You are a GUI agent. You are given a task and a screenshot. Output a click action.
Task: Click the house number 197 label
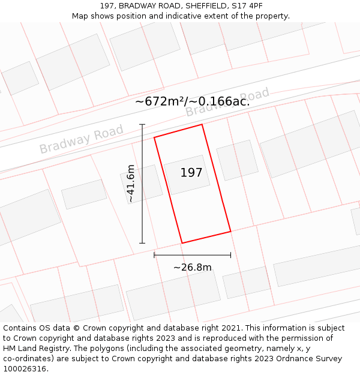(191, 173)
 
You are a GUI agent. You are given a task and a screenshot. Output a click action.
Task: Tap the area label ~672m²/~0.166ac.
(192, 101)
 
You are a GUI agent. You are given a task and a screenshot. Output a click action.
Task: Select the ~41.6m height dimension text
(131, 183)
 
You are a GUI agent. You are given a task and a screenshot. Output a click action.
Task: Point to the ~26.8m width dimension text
(193, 268)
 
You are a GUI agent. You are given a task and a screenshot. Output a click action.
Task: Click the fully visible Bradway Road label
(81, 139)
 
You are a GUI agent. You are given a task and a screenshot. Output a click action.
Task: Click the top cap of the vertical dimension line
(142, 125)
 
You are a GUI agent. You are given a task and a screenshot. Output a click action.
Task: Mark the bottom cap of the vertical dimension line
(142, 243)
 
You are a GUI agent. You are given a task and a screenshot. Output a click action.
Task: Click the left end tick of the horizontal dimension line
(154, 255)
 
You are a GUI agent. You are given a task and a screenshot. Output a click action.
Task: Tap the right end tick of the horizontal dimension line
(230, 255)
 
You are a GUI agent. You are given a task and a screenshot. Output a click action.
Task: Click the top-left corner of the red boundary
(154, 137)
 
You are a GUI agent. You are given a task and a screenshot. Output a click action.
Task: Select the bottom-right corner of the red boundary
(230, 231)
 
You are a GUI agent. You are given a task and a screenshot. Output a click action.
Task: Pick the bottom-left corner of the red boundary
(182, 243)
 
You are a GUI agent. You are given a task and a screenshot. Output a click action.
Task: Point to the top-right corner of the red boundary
(202, 124)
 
